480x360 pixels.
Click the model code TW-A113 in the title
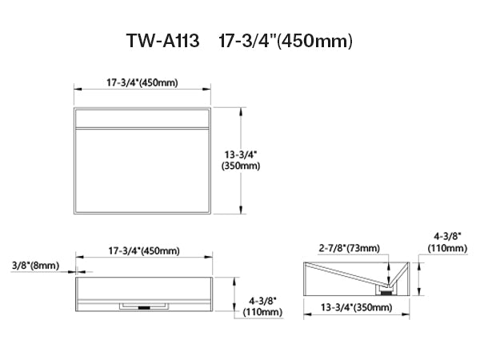[163, 40]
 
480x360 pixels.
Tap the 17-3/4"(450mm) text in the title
[286, 41]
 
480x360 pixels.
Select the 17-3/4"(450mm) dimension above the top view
[142, 82]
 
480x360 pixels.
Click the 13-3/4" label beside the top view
[241, 154]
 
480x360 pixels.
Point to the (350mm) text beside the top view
[241, 166]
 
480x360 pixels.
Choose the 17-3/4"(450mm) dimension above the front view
[144, 250]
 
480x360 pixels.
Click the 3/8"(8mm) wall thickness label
[35, 265]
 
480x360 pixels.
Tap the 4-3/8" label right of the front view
[262, 301]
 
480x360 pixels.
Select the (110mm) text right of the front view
[262, 312]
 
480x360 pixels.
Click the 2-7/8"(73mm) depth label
[350, 248]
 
